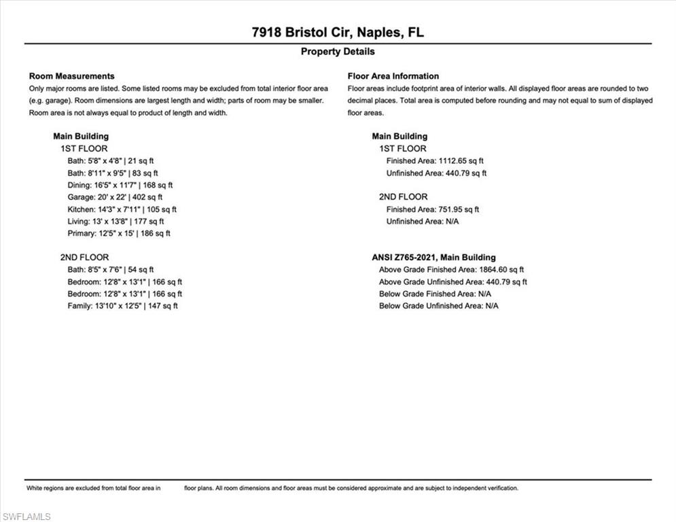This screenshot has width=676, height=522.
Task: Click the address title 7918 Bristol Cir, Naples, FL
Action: click(x=338, y=32)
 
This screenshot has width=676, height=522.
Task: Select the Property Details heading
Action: click(x=338, y=52)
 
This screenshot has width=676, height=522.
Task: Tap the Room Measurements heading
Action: click(x=72, y=76)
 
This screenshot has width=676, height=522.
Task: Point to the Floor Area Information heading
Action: click(x=393, y=76)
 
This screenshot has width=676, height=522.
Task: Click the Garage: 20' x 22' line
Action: click(x=115, y=197)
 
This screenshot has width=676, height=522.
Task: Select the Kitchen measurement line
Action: click(x=122, y=209)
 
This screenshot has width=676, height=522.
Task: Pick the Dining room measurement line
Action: click(x=120, y=185)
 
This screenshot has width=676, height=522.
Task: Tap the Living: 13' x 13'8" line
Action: click(x=115, y=221)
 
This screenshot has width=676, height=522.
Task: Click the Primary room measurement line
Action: click(x=119, y=233)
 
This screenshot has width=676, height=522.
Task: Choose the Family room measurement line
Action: click(x=122, y=306)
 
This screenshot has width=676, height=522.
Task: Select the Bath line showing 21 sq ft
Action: click(x=111, y=161)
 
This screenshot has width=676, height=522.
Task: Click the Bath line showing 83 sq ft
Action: click(x=113, y=173)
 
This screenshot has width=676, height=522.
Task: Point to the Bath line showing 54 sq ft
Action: click(x=111, y=270)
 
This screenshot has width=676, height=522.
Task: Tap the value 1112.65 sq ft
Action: click(x=461, y=161)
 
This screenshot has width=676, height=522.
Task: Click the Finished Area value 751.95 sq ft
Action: click(x=459, y=209)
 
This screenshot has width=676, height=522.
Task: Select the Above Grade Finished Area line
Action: click(x=451, y=270)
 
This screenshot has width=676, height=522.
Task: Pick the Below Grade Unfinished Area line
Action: click(x=438, y=306)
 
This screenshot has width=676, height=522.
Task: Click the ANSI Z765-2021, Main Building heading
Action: click(x=433, y=258)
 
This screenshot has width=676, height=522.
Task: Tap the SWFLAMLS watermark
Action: click(x=26, y=517)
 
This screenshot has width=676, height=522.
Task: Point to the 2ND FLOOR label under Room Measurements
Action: click(x=84, y=258)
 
